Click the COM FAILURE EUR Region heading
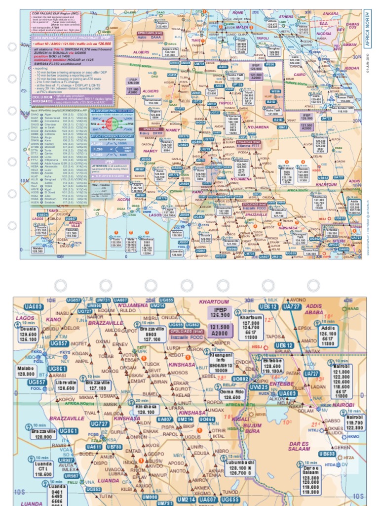pos(47,14)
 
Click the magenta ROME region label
pos(238,12)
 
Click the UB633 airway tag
pos(327,453)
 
